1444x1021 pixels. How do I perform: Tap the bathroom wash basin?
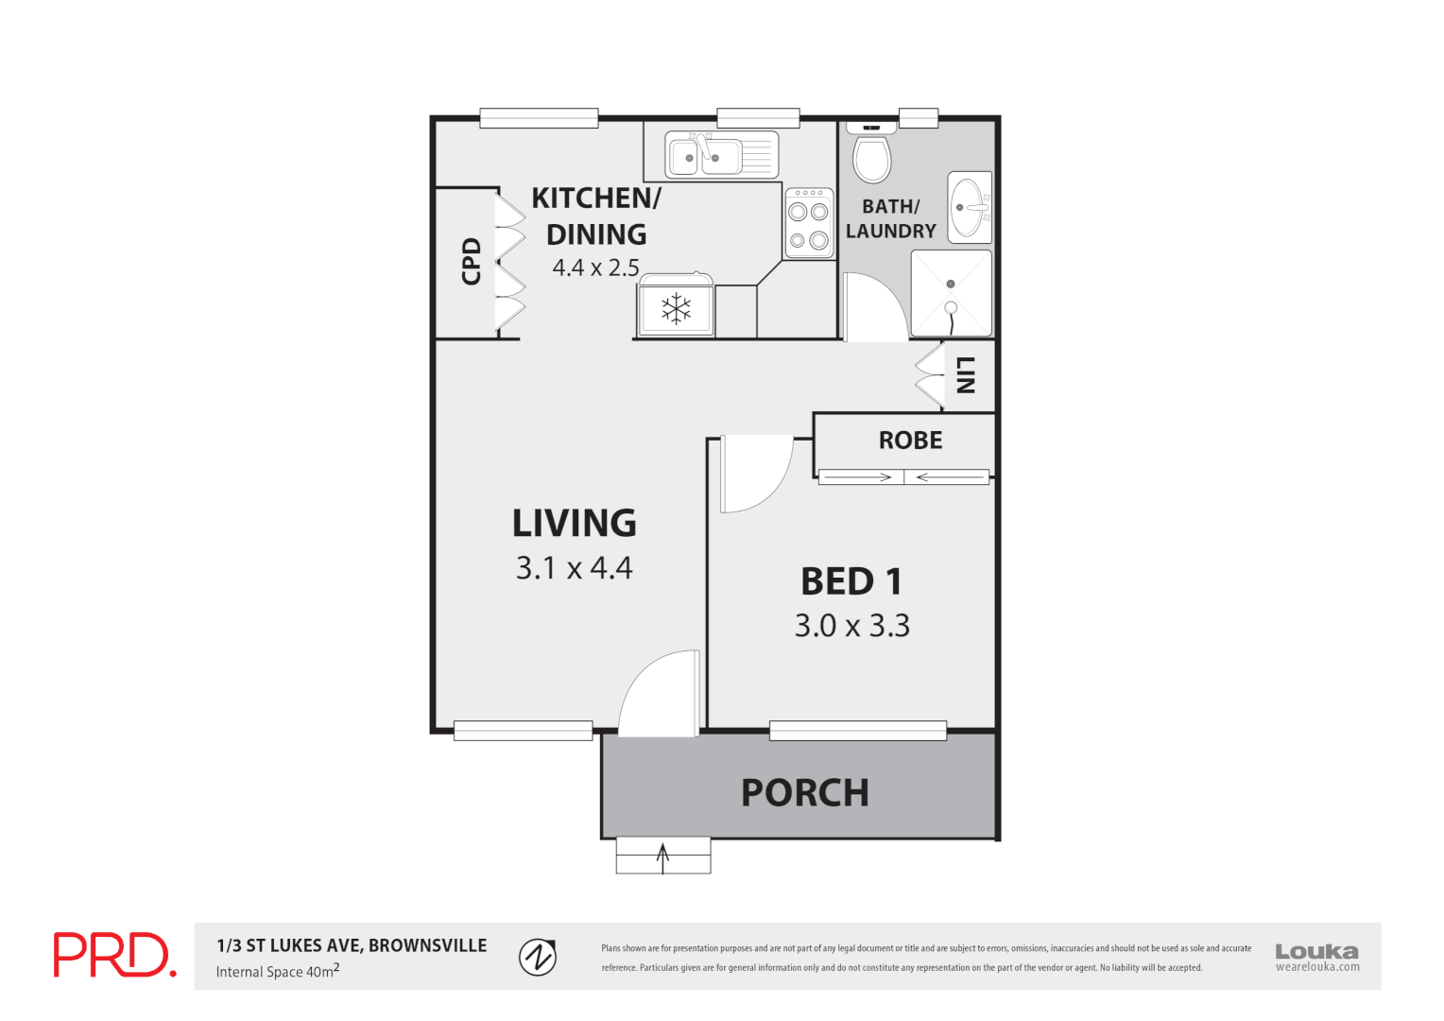coord(970,207)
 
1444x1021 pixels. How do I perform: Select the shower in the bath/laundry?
coord(951,294)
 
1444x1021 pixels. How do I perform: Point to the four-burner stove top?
coord(809,223)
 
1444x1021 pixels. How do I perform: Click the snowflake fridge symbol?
coord(676,309)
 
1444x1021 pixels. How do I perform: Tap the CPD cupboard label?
coord(471,261)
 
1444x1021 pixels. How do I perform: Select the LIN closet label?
coord(965,375)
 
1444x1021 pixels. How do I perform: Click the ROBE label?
coord(910,441)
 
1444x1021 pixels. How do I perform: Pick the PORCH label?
coord(804,793)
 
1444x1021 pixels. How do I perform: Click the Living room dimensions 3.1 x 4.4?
coord(574,568)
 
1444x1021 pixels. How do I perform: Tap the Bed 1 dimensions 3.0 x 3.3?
coord(851,626)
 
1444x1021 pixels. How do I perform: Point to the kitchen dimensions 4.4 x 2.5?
coord(595,268)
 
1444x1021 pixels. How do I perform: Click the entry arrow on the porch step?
coord(662,857)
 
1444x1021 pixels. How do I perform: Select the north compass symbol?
coord(538,957)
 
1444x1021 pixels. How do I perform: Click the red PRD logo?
coord(114,955)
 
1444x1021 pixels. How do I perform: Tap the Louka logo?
coord(1316,956)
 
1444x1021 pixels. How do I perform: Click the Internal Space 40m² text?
coord(277,971)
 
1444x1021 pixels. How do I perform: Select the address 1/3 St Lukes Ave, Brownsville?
coord(352,945)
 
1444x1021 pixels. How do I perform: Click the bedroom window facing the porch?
coord(857,730)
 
